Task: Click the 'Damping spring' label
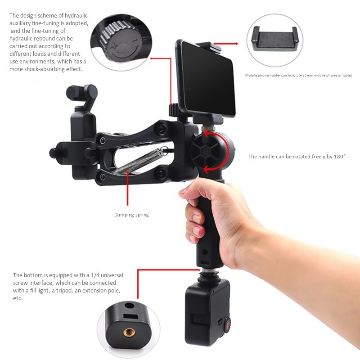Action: (x=131, y=215)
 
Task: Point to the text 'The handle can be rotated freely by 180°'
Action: (x=297, y=157)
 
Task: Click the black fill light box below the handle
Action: (x=206, y=310)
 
